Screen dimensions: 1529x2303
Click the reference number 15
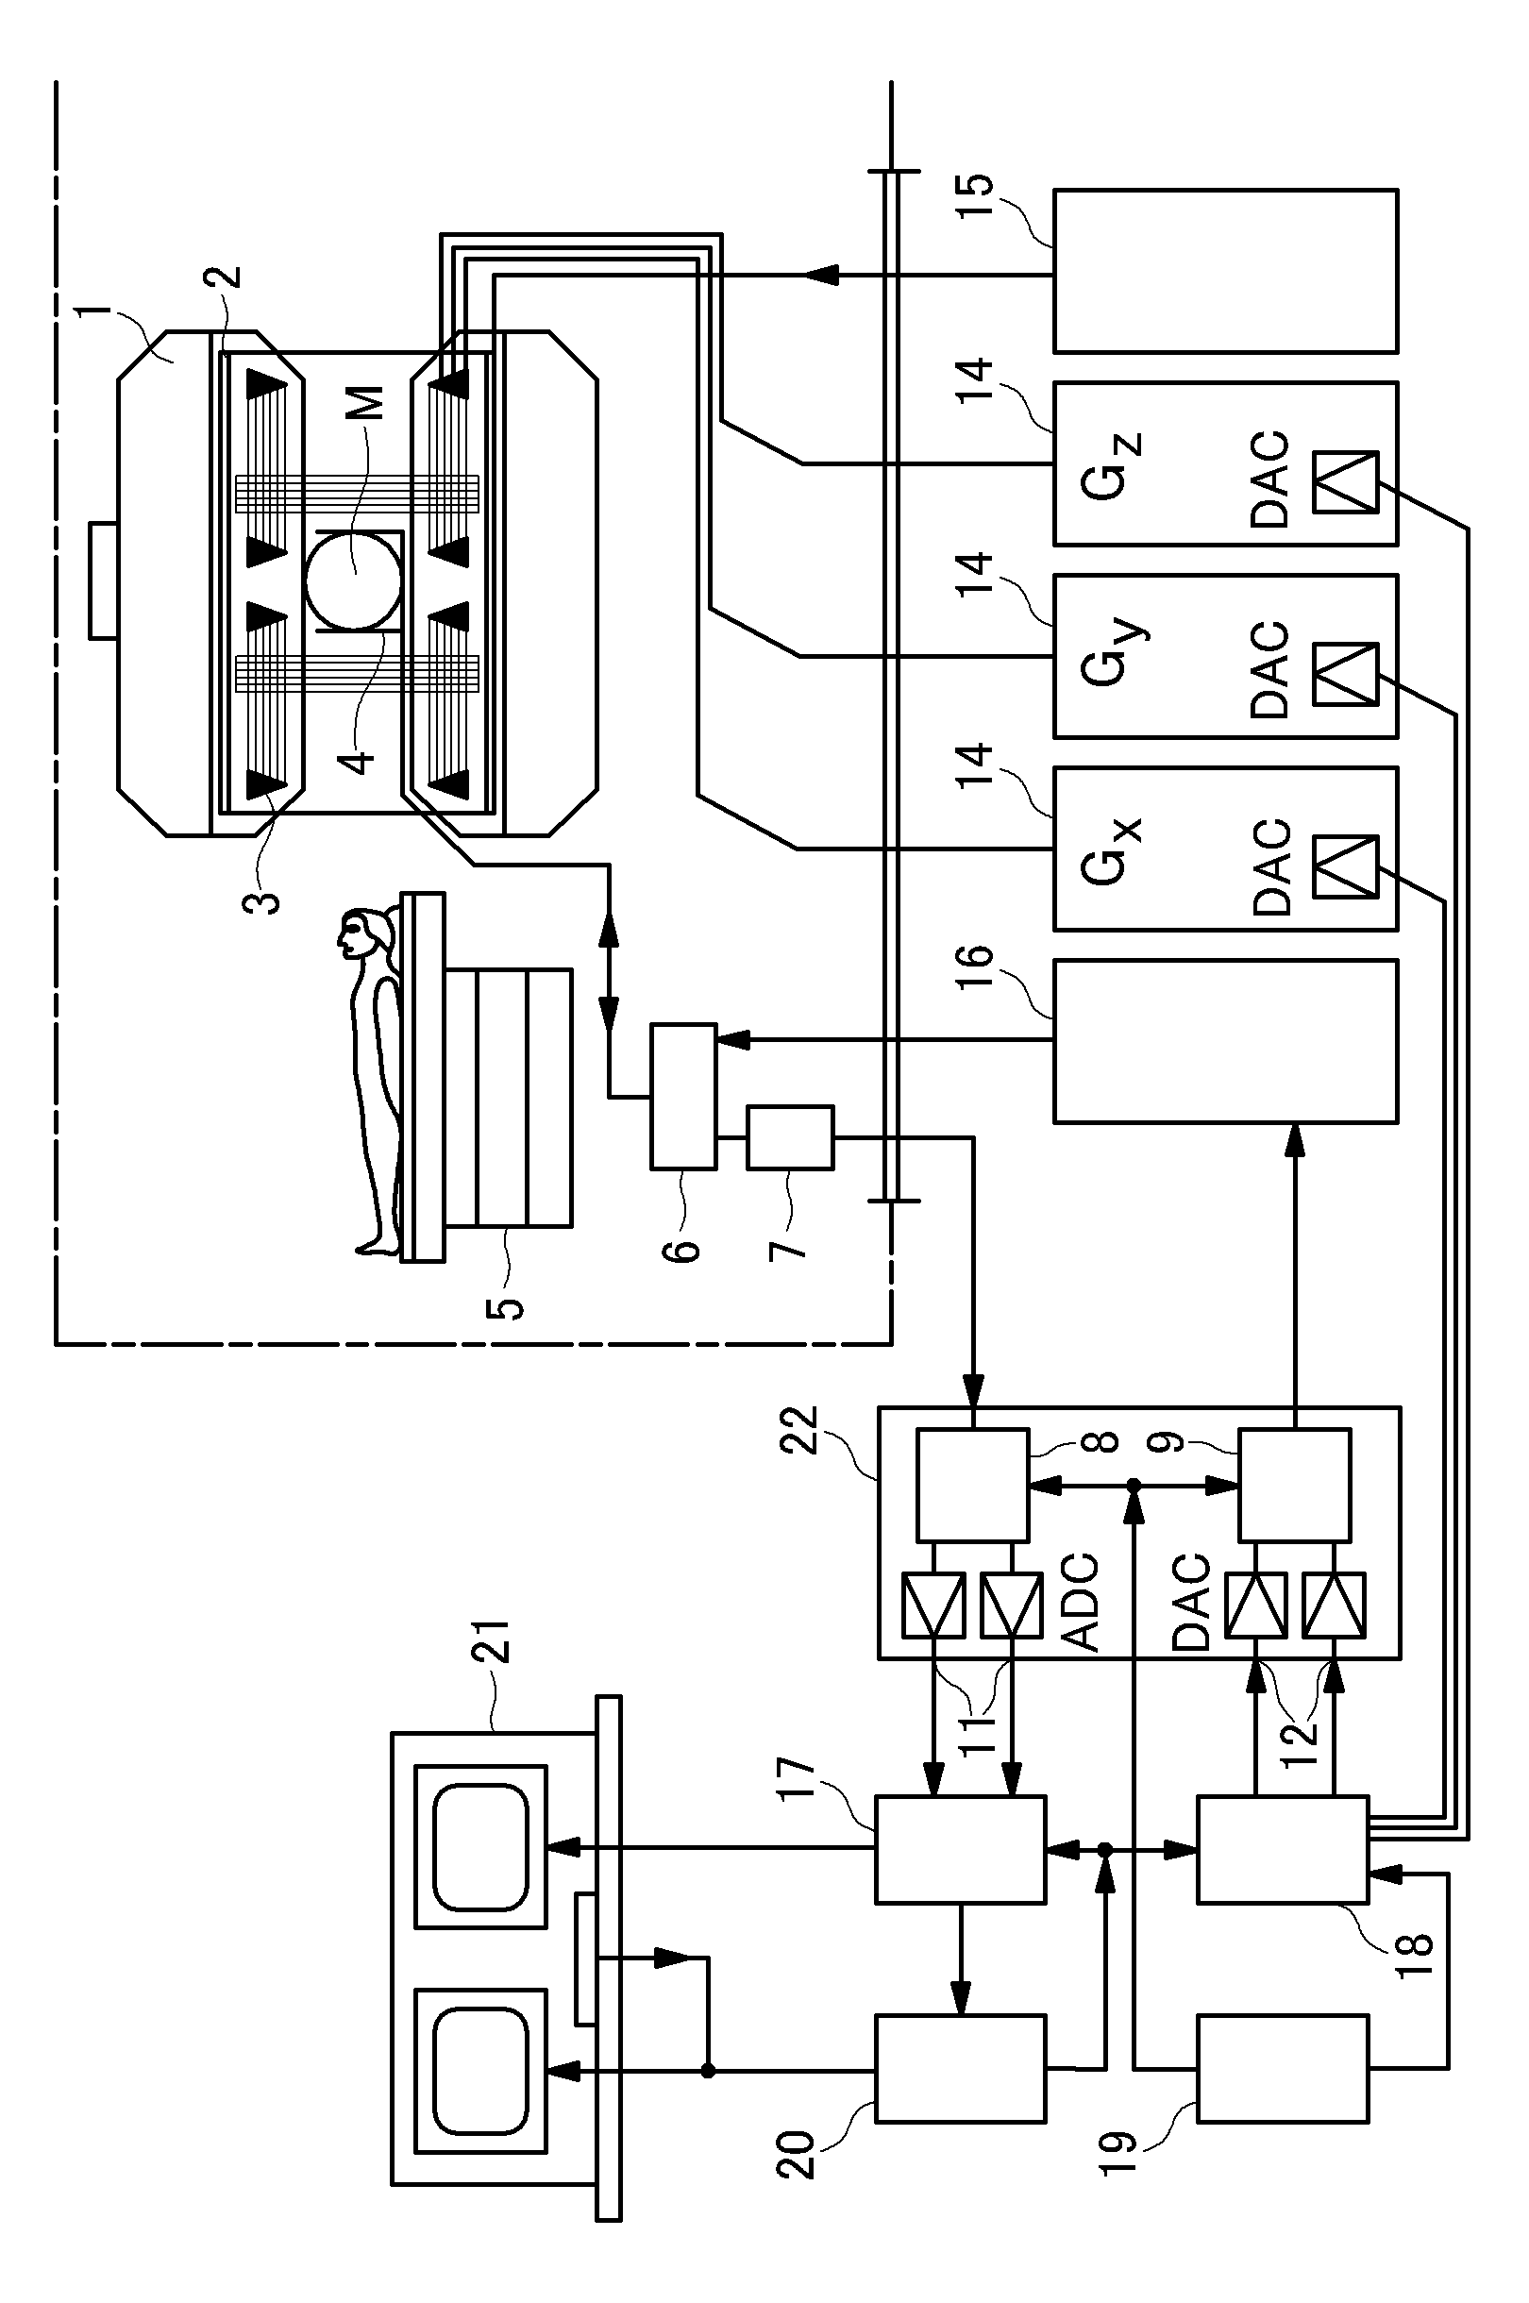[x=976, y=199]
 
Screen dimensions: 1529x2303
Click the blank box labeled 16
[x=1226, y=1041]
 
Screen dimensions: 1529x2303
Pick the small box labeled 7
[x=791, y=1137]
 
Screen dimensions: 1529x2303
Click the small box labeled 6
[x=683, y=1096]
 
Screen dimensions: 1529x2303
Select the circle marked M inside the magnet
[x=353, y=581]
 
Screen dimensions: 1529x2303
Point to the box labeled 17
[x=961, y=1849]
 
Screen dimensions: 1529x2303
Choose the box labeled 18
[x=1284, y=1849]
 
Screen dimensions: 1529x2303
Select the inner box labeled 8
[x=973, y=1485]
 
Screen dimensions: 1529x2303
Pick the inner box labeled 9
[x=1295, y=1485]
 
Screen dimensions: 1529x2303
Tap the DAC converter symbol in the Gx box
[x=1346, y=866]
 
